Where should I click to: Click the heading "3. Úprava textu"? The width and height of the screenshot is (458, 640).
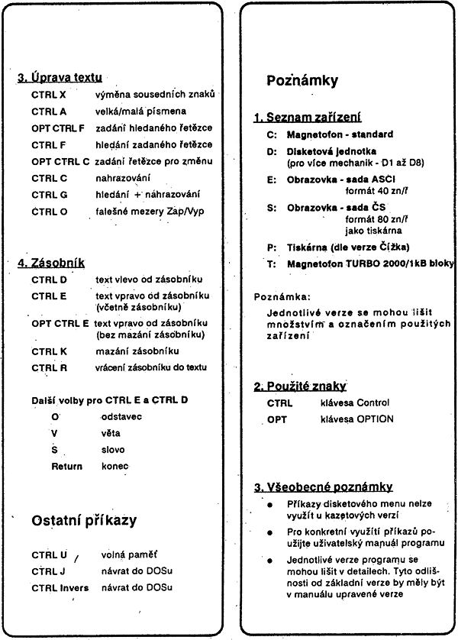(x=60, y=77)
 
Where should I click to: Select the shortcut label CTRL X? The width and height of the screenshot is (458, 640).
(x=48, y=95)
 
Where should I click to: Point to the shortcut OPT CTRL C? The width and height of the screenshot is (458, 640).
(x=61, y=161)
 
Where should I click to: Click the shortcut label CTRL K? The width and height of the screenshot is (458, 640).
(x=49, y=351)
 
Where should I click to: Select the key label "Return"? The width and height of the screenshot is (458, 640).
(x=66, y=466)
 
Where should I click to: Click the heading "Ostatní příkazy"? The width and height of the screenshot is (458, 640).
(x=84, y=520)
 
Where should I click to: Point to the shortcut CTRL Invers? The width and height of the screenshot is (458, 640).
(x=60, y=587)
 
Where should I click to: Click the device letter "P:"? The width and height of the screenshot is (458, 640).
(x=272, y=247)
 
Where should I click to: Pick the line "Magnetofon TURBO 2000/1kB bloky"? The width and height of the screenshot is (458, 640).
(x=370, y=263)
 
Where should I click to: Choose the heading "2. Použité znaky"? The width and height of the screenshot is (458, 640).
(x=300, y=386)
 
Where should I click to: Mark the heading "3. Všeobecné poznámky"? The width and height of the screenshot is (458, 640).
(x=324, y=486)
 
